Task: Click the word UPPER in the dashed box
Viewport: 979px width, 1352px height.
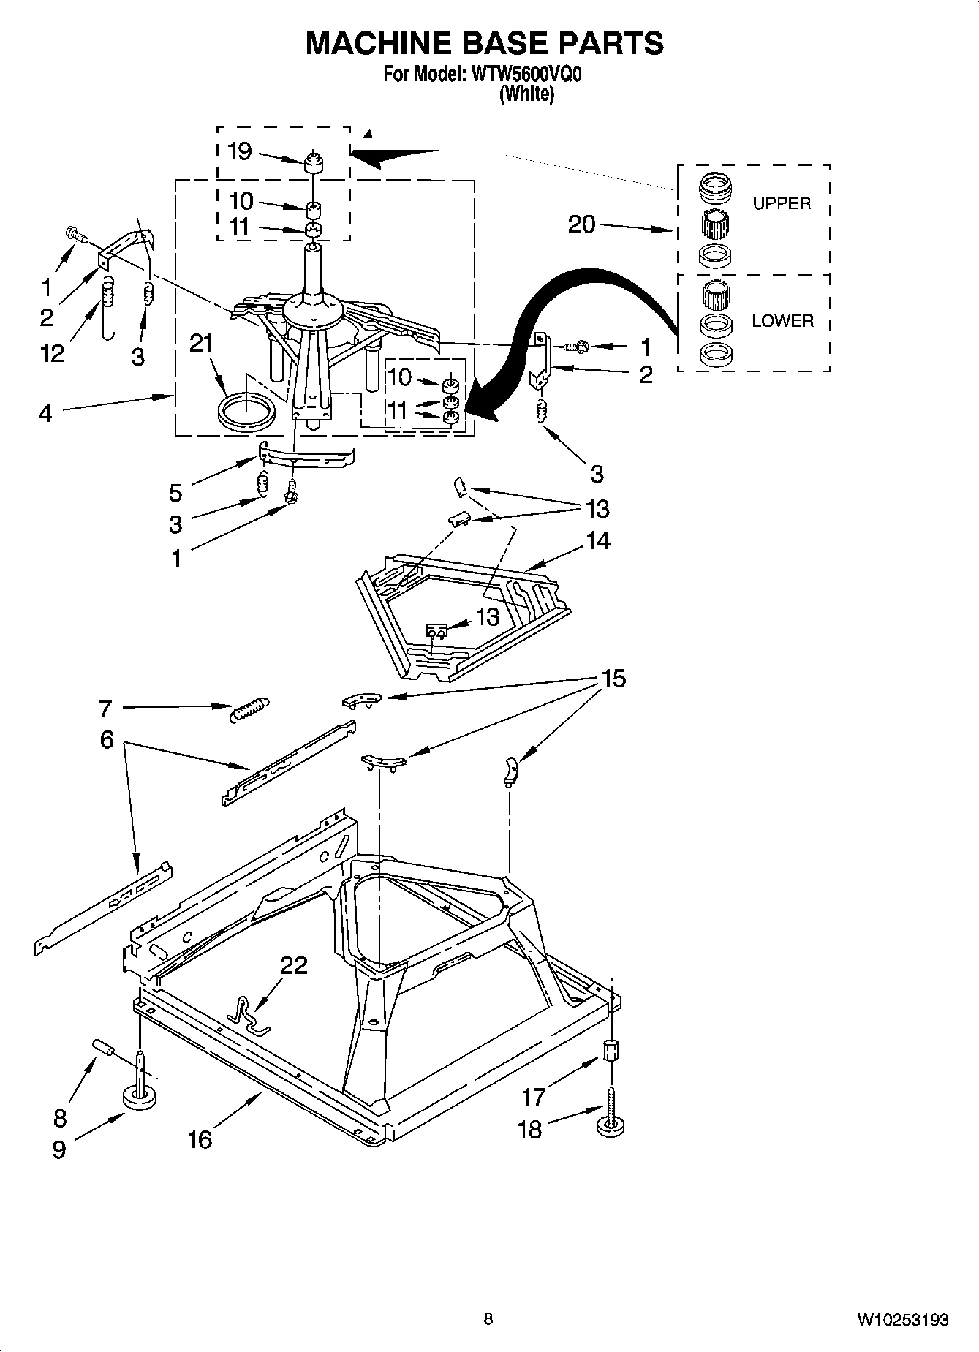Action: click(782, 203)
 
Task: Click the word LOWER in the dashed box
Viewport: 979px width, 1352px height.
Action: click(782, 321)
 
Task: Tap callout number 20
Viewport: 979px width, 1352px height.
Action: click(582, 224)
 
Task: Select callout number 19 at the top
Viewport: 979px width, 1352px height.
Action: click(239, 151)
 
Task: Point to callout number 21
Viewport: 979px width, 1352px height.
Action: click(201, 343)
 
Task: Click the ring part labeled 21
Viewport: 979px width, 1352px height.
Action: click(246, 410)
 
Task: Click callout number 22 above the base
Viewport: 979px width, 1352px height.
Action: click(294, 966)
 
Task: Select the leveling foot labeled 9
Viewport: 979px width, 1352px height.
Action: click(140, 1096)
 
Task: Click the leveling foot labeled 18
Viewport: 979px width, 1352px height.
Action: click(610, 1124)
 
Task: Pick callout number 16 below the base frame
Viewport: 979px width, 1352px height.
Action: click(200, 1139)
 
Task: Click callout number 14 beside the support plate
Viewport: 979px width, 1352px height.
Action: click(597, 540)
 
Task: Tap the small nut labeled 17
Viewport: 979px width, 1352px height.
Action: click(611, 1051)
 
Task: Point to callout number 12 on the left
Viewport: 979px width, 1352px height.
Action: click(52, 353)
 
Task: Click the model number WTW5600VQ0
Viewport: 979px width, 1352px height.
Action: click(523, 75)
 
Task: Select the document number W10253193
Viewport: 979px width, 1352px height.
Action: click(903, 1320)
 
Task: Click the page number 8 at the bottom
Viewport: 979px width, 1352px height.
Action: click(488, 1319)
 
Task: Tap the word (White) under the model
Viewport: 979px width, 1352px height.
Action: click(526, 94)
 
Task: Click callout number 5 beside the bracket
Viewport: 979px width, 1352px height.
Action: click(175, 493)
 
